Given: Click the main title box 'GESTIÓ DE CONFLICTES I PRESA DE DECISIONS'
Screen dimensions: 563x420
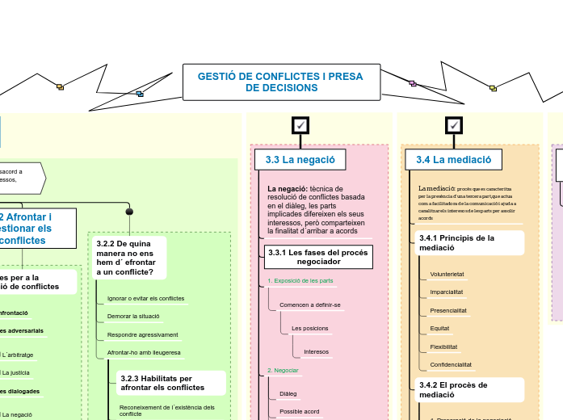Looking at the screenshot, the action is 282,82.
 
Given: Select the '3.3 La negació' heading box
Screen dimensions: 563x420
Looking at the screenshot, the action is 300,160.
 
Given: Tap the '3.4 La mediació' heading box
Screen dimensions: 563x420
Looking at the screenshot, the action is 453,160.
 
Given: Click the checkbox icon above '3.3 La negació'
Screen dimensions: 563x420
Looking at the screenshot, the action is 300,125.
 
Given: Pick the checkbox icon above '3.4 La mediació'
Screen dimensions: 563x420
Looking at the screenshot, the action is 454,125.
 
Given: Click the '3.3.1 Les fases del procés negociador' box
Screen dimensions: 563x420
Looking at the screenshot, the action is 318,257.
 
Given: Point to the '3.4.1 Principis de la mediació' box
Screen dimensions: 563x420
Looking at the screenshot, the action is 468,243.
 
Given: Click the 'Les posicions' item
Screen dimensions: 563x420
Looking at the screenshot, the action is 309,329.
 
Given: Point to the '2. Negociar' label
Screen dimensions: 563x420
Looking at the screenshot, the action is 283,370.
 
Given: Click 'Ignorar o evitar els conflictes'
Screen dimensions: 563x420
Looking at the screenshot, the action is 145,298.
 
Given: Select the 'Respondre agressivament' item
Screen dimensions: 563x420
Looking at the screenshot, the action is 143,334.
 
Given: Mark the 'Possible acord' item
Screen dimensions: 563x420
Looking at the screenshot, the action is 299,411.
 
